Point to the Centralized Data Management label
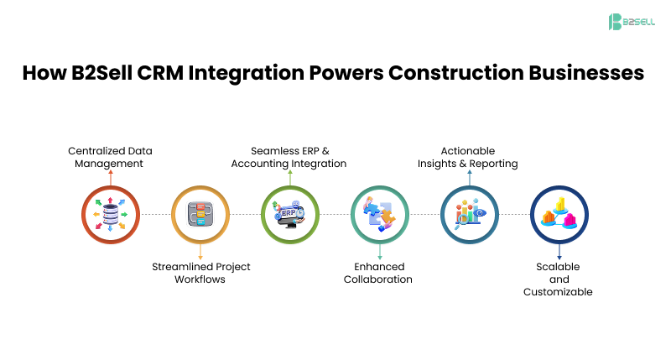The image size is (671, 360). [x=110, y=157]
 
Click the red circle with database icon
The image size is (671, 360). [x=111, y=215]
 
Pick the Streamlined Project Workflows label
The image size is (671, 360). [x=200, y=273]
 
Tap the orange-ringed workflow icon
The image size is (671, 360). [x=200, y=215]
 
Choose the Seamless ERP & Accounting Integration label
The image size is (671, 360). [x=289, y=157]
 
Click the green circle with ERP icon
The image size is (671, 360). [x=290, y=215]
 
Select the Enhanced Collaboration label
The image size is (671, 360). [x=378, y=273]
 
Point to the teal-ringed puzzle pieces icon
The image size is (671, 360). [x=380, y=215]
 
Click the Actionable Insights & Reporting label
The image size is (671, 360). [x=468, y=157]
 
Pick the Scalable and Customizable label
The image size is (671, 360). [x=559, y=279]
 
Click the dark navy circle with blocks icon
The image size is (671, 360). [x=559, y=215]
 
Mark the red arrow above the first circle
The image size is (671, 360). [x=111, y=177]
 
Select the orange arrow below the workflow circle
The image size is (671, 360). [x=200, y=252]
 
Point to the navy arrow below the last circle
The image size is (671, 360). [x=559, y=252]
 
